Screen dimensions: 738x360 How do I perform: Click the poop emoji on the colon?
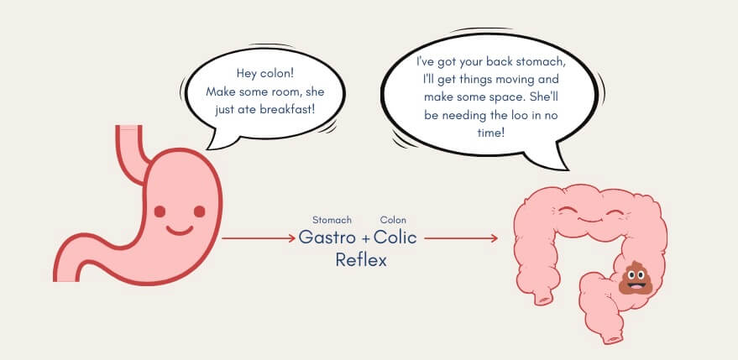tap(636, 278)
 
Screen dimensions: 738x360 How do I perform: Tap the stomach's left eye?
tap(160, 211)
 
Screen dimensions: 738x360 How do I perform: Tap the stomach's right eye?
tap(200, 211)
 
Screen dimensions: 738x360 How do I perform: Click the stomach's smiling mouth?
tap(180, 231)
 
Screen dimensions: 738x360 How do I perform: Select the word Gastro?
tap(327, 237)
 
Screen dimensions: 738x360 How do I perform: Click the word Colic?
tap(395, 237)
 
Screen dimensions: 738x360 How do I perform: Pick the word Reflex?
tap(361, 260)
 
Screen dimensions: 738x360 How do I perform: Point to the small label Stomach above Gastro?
tap(332, 220)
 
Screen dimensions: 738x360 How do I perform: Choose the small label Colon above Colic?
tap(393, 220)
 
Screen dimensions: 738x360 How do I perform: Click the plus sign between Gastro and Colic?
tap(366, 239)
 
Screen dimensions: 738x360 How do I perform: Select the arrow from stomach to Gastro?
tap(259, 238)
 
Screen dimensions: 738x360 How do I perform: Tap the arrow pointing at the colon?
tap(461, 238)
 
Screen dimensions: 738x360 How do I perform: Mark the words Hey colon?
tap(265, 73)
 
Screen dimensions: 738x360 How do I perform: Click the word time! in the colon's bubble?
tap(491, 133)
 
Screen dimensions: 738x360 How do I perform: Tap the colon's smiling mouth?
tap(591, 218)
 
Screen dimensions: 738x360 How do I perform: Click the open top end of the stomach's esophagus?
tap(128, 127)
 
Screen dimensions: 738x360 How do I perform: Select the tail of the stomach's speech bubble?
tap(220, 140)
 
